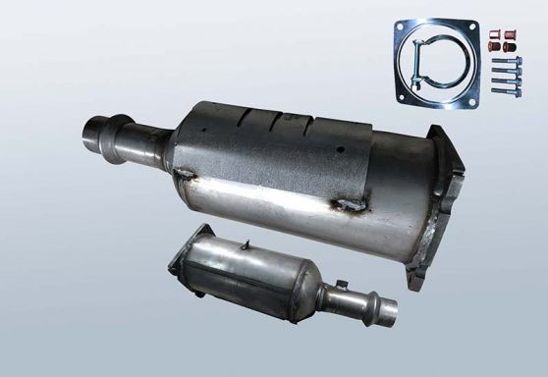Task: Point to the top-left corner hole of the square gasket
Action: (x=400, y=27)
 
